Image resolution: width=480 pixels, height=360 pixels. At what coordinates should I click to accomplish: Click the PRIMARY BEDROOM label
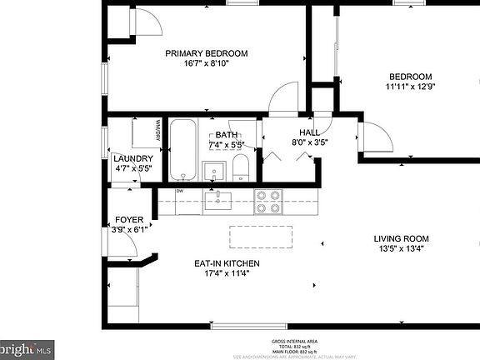206,53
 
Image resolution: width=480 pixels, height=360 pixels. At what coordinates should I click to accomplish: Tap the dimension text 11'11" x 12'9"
411,86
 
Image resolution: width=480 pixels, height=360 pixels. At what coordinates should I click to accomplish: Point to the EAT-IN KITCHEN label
227,263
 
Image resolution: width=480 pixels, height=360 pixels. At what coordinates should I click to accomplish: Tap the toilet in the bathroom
241,167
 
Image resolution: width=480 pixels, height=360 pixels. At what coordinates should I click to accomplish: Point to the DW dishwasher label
179,192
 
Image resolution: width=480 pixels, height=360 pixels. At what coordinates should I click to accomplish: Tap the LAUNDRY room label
132,158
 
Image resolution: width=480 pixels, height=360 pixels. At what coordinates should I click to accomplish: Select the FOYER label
128,220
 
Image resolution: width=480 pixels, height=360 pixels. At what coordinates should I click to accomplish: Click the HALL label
309,132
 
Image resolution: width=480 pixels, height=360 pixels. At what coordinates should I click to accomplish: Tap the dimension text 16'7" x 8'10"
206,63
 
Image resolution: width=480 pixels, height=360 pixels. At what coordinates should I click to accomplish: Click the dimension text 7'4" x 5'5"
226,144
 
